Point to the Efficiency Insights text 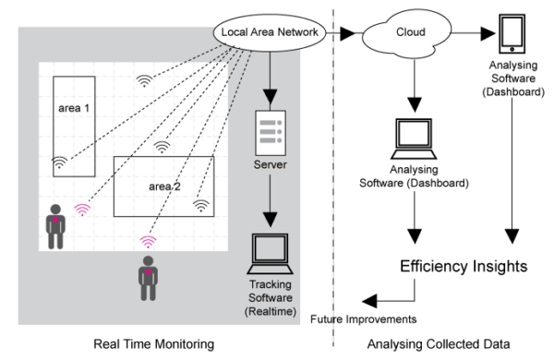click(463, 267)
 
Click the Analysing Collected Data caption click(447, 344)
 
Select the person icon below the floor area click(147, 277)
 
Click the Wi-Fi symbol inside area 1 click(59, 162)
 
